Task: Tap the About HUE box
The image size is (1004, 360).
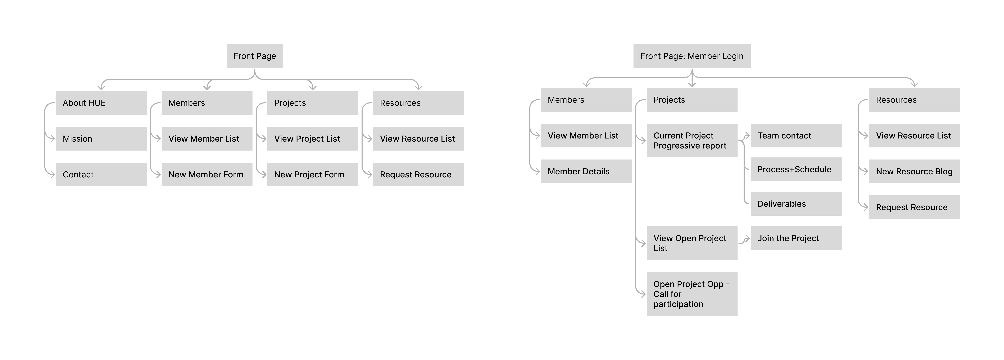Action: coord(101,103)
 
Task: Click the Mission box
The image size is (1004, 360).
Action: coord(101,139)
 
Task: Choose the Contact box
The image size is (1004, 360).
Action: coord(101,174)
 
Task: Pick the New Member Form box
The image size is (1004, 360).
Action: coord(207,174)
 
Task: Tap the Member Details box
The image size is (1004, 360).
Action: coord(586,171)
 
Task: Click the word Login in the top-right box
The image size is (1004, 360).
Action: coord(730,56)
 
